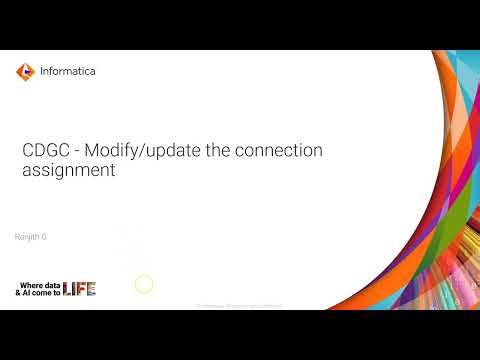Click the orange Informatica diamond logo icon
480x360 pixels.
25,71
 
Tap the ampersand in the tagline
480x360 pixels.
18,292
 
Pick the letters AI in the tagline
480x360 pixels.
27,292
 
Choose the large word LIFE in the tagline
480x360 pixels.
80,289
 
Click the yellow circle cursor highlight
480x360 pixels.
144,285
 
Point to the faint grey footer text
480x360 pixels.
240,304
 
